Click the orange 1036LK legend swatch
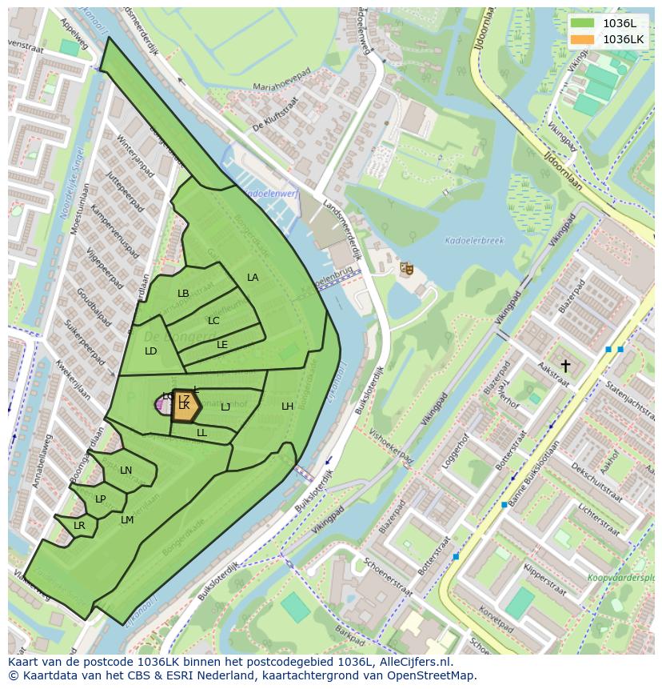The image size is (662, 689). (x=582, y=39)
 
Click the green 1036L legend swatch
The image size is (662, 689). (x=582, y=23)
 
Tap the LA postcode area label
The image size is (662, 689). (x=253, y=278)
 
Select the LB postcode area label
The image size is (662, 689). (x=183, y=294)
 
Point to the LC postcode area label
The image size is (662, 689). (x=213, y=321)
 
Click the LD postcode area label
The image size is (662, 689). (x=151, y=351)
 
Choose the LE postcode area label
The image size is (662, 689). (x=222, y=345)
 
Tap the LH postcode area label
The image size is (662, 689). (x=287, y=407)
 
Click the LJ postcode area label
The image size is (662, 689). (x=225, y=407)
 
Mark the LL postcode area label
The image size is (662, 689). (x=201, y=433)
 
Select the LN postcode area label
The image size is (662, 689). (x=126, y=471)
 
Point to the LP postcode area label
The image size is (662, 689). (x=101, y=499)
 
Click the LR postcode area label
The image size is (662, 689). (x=79, y=526)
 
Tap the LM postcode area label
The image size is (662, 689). (x=127, y=520)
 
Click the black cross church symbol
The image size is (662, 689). (x=565, y=366)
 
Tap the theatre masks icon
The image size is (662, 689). (x=406, y=269)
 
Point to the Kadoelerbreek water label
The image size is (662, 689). (x=476, y=240)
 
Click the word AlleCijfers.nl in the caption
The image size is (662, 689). (x=414, y=662)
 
